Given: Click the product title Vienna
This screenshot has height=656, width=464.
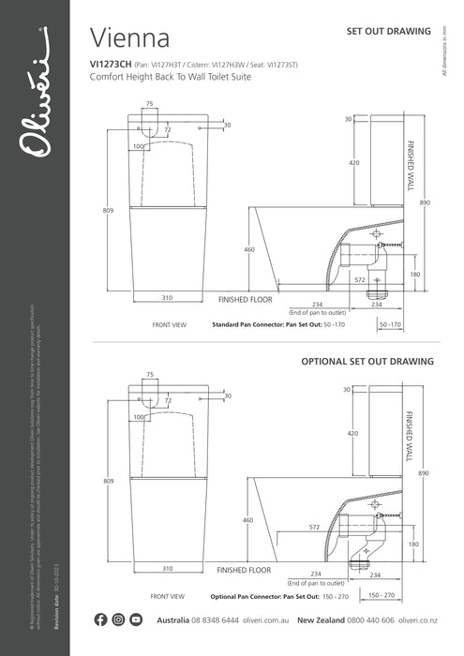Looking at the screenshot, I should click(x=129, y=38).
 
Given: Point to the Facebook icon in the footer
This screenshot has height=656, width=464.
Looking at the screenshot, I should click(x=101, y=619).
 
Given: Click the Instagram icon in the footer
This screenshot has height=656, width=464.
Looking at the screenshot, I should click(x=119, y=619).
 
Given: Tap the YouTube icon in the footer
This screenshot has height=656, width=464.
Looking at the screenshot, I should click(x=137, y=619).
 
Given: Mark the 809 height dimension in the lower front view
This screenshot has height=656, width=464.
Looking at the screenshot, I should click(x=109, y=481).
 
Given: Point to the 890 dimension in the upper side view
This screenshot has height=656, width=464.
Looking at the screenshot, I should click(x=425, y=202).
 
